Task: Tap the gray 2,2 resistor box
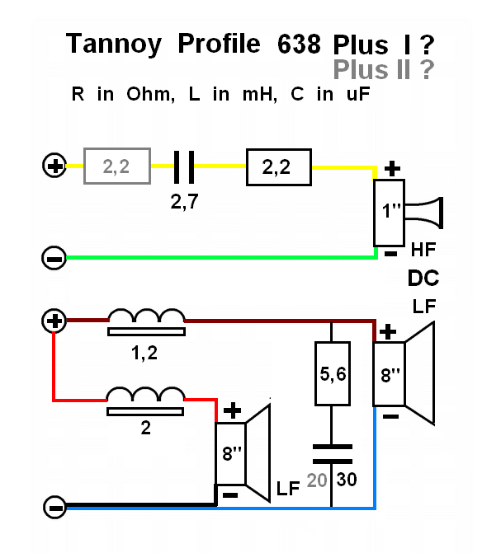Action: click(x=117, y=167)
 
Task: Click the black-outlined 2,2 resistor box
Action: click(x=279, y=167)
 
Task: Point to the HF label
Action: click(x=423, y=248)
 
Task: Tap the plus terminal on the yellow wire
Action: click(x=54, y=167)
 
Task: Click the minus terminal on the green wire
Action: click(x=54, y=259)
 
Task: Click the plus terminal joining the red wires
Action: click(x=54, y=321)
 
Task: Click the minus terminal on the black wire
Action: click(x=54, y=507)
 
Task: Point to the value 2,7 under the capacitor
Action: click(x=184, y=201)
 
